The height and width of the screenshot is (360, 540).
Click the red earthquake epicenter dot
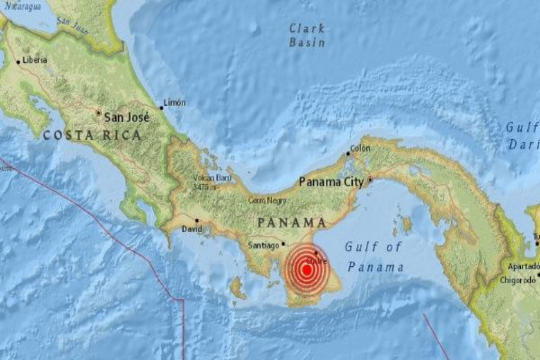(307, 270)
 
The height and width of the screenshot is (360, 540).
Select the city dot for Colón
(347, 154)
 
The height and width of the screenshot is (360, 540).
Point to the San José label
(127, 118)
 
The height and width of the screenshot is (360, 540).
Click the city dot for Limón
(161, 108)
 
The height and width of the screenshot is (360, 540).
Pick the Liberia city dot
(18, 61)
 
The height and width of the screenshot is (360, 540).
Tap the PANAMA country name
(292, 223)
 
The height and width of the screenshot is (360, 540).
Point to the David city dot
(196, 220)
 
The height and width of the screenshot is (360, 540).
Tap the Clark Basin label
(307, 35)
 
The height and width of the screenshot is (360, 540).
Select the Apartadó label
(523, 266)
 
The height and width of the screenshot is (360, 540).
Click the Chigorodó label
(519, 280)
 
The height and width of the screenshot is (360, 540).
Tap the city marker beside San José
(98, 112)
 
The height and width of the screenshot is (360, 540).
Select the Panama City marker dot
(370, 179)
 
